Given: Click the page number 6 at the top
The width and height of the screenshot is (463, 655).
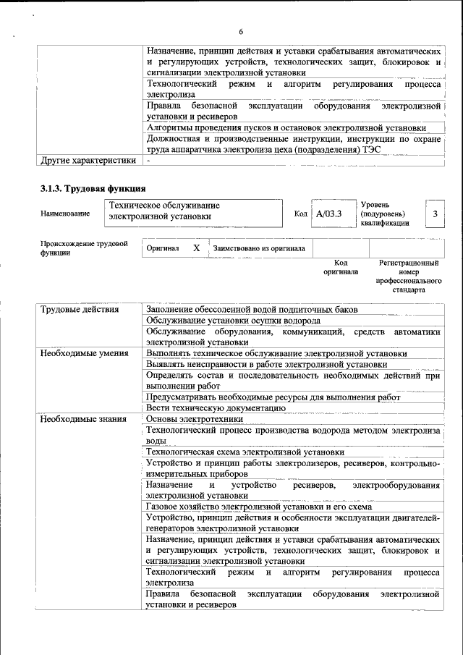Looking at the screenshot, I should tap(241, 31).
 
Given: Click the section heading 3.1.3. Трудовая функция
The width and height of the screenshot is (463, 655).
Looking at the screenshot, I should tap(93, 189).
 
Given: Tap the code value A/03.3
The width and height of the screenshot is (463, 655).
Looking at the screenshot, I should tap(328, 214).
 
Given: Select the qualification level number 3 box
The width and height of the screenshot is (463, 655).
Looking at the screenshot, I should tap(435, 214).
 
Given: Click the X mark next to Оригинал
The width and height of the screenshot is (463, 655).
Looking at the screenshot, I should tap(196, 248).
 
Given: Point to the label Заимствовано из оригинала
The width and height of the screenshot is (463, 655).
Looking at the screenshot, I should tap(258, 249).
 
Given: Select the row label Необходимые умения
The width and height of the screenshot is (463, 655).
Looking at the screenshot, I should tap(84, 353).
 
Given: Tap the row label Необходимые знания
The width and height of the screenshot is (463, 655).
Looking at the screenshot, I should tap(83, 419).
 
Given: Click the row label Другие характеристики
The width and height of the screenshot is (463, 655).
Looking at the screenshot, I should tap(88, 160).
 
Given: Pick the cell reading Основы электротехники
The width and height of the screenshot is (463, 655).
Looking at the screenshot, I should tap(194, 419).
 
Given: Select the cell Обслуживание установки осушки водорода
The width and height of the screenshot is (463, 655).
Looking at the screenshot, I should tap(233, 321).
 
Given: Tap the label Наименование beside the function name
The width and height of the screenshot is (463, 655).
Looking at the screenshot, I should tap(66, 214).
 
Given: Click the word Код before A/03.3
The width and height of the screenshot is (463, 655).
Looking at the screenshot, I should tap(301, 214).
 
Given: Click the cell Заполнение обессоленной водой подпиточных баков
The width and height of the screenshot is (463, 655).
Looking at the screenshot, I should tap(262, 310).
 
